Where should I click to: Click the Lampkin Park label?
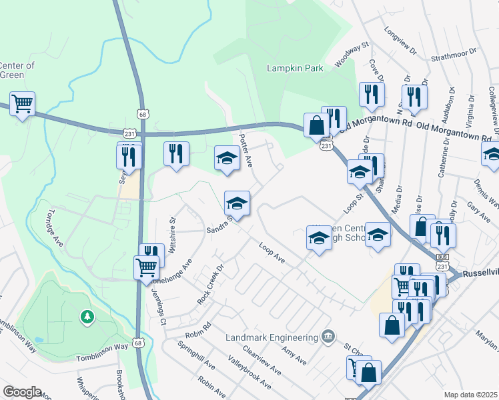294,69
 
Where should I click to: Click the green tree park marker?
87,317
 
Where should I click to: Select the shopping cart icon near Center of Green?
23,104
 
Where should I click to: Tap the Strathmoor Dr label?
454,53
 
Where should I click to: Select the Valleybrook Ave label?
249,375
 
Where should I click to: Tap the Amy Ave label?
294,355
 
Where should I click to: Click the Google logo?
22,392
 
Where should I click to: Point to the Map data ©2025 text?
470,395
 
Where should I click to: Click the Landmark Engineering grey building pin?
327,335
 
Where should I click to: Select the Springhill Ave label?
196,355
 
